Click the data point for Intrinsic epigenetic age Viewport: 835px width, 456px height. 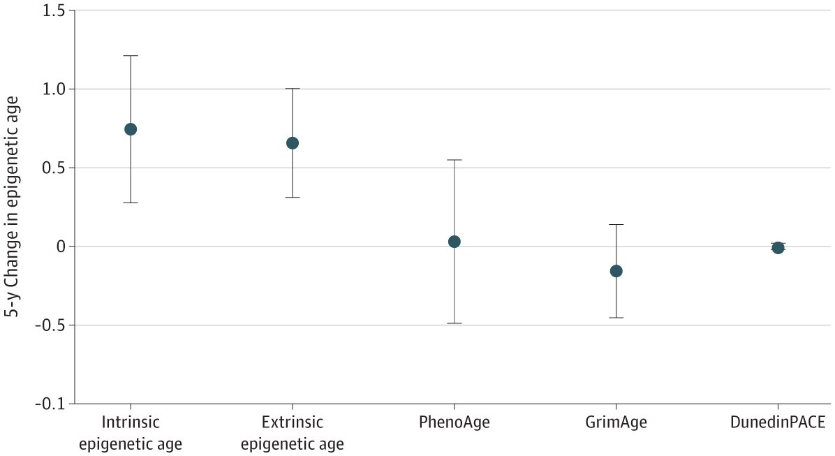coord(130,129)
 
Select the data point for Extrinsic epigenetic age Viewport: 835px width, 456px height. coord(293,143)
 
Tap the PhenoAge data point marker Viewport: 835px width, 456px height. coord(455,242)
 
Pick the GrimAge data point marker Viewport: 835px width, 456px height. coord(616,271)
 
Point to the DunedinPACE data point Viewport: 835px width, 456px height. coord(778,248)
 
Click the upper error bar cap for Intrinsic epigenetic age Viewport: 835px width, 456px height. coord(130,55)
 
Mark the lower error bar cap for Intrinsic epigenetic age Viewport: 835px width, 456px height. coord(130,203)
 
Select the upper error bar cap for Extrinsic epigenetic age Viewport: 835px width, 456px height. coord(293,89)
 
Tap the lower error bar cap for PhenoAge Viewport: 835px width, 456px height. coord(455,323)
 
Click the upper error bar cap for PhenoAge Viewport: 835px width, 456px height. coord(455,160)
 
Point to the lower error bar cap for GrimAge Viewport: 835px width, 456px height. coord(616,318)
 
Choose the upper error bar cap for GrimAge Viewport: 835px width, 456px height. coord(616,224)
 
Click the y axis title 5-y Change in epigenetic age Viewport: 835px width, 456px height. coord(12,207)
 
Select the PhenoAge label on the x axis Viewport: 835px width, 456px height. coord(455,422)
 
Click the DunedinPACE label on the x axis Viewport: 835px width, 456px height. coord(778,422)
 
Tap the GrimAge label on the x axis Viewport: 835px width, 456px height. coord(616,422)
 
